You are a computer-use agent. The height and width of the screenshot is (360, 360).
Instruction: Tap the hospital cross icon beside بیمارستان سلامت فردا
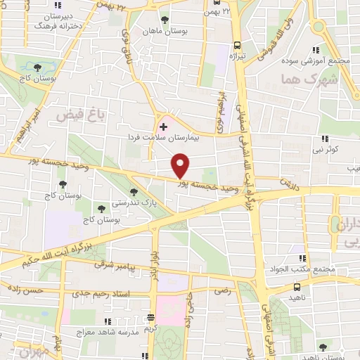point(164,127)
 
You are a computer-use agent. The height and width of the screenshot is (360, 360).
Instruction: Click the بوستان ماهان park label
point(165,31)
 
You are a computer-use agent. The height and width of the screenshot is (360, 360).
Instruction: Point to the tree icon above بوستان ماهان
point(165,20)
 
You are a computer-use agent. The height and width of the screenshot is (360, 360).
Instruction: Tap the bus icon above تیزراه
point(237,41)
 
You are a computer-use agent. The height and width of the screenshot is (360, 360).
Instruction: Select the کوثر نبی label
point(327,150)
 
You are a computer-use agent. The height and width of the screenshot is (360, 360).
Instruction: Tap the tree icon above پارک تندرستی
point(134,192)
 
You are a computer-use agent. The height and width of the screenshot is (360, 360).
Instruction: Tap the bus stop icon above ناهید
point(297,288)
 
